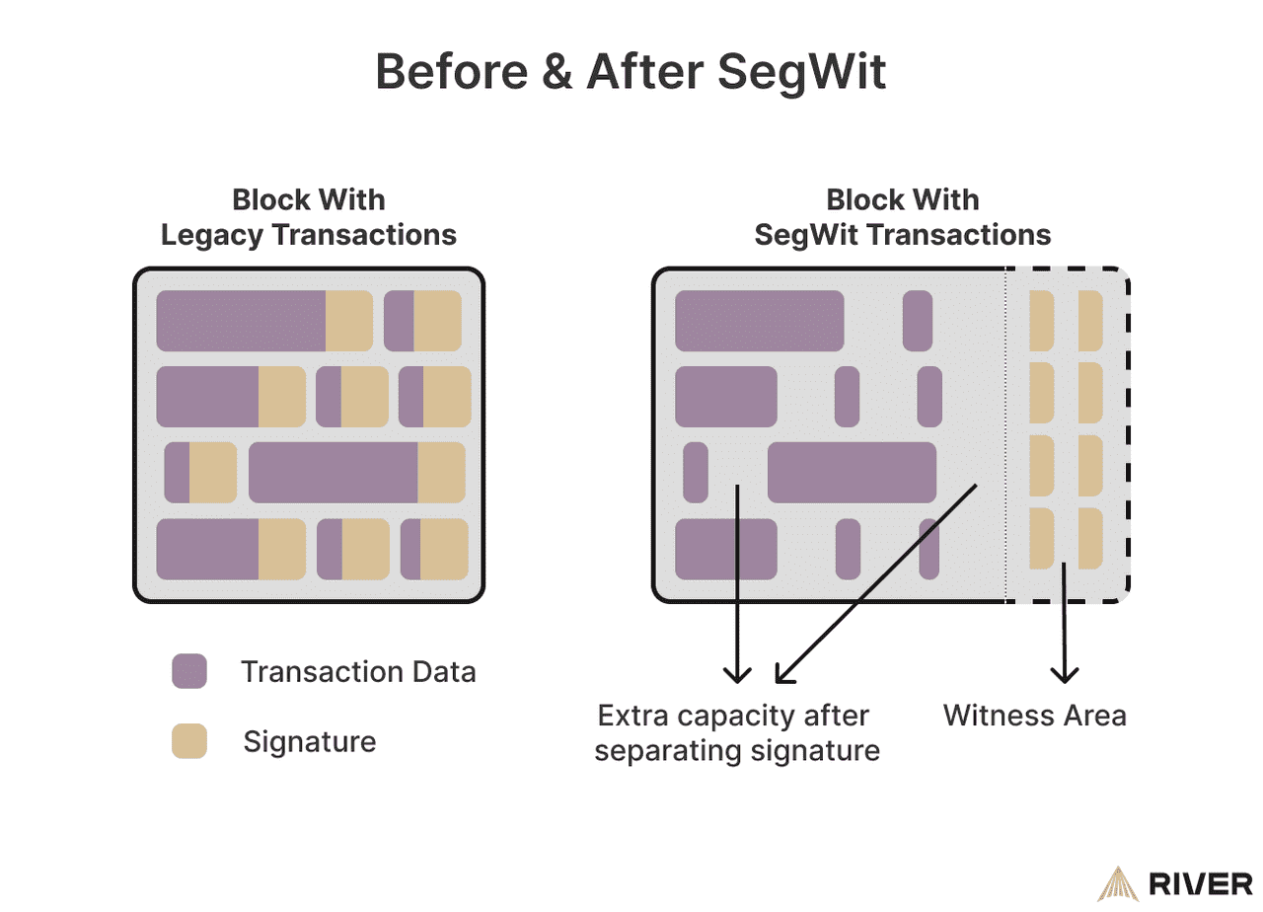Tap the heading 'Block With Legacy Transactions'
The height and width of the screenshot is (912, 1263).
point(309,217)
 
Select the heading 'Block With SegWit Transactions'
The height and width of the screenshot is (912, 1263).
point(902,217)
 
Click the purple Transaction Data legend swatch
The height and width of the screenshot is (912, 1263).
point(188,671)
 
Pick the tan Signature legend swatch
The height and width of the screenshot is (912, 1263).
point(188,741)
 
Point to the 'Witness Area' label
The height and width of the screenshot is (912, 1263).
point(1034,715)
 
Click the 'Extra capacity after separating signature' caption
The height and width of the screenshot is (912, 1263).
point(737,732)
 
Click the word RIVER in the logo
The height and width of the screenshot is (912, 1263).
point(1200,884)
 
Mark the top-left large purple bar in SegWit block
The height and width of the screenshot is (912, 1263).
point(759,321)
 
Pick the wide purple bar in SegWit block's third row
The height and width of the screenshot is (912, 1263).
point(852,472)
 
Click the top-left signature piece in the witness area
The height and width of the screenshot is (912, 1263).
point(1041,321)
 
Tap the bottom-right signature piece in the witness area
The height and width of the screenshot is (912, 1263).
point(1089,539)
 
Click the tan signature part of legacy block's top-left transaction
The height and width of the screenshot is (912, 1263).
point(348,321)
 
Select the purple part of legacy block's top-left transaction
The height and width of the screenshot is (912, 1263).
point(241,321)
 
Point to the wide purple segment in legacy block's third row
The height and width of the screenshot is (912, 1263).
point(334,472)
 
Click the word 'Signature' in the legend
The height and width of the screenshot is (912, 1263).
point(310,741)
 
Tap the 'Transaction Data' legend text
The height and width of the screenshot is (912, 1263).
point(358,672)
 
